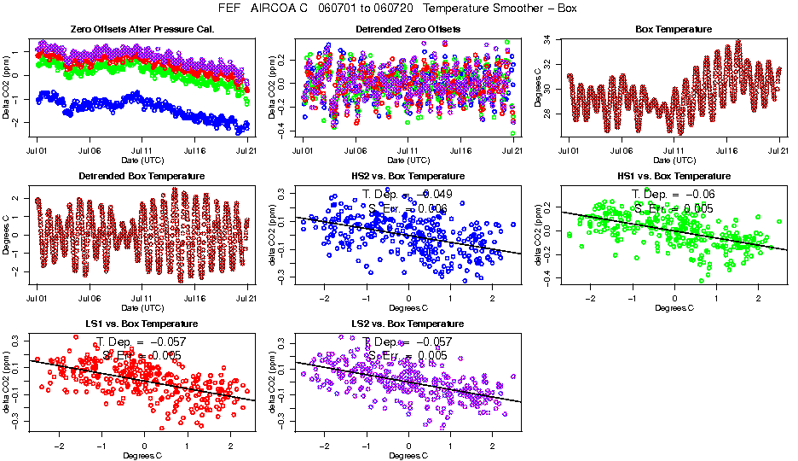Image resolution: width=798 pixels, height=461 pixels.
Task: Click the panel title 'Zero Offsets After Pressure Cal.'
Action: [142, 30]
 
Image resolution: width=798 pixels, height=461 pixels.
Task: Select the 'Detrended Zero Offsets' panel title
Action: [408, 30]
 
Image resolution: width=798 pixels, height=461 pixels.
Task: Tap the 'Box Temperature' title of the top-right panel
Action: [674, 30]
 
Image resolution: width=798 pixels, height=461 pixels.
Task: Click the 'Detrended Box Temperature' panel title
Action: [142, 177]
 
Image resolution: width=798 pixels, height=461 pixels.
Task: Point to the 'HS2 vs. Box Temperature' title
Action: [408, 177]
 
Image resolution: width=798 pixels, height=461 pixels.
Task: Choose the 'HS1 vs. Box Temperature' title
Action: [674, 177]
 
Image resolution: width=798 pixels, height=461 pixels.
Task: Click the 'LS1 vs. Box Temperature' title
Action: [142, 324]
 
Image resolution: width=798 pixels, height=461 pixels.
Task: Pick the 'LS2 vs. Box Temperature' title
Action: [408, 324]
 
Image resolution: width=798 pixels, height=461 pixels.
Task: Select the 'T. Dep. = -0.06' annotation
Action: [673, 195]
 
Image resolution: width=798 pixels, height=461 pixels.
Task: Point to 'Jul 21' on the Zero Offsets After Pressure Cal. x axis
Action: [247, 150]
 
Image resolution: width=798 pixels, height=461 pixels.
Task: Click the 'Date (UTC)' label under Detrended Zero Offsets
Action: [408, 160]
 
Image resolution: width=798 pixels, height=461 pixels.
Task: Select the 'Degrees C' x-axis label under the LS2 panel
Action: [408, 454]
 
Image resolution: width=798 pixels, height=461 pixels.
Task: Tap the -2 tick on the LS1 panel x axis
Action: [59, 446]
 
